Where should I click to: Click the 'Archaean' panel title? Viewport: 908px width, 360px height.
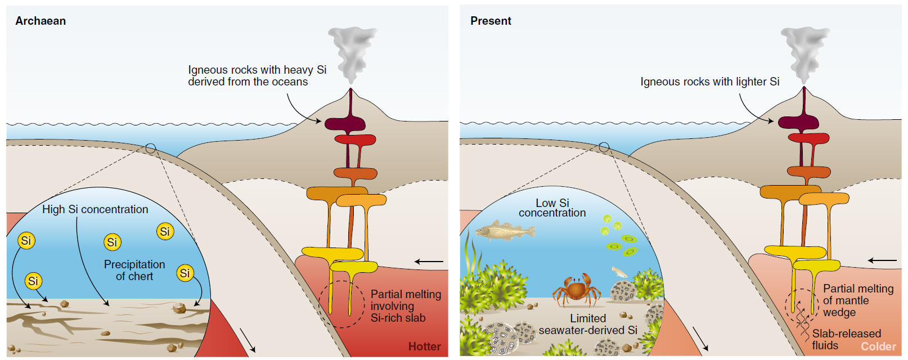coord(41,21)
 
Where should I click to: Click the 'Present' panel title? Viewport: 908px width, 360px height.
coord(491,21)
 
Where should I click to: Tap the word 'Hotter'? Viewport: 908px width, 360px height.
coord(424,346)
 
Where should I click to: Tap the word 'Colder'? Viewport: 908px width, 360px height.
coord(878,346)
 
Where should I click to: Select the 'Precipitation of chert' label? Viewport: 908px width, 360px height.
coord(134,270)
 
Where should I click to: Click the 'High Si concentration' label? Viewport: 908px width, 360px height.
coord(95,209)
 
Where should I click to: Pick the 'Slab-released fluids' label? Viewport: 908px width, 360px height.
coord(846,339)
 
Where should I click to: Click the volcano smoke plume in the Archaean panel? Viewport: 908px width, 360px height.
coord(351,53)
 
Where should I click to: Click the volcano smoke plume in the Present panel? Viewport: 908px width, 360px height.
coord(804,53)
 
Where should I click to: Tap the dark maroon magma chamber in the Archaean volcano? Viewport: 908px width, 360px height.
coord(344,123)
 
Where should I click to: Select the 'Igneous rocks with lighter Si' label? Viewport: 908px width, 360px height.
coord(709,82)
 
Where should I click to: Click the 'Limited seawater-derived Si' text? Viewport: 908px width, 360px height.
coord(588,325)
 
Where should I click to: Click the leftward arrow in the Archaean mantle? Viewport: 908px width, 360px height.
coord(429,262)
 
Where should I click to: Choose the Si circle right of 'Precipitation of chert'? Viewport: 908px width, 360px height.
coord(185,273)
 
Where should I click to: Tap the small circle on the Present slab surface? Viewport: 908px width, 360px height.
coord(604,147)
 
